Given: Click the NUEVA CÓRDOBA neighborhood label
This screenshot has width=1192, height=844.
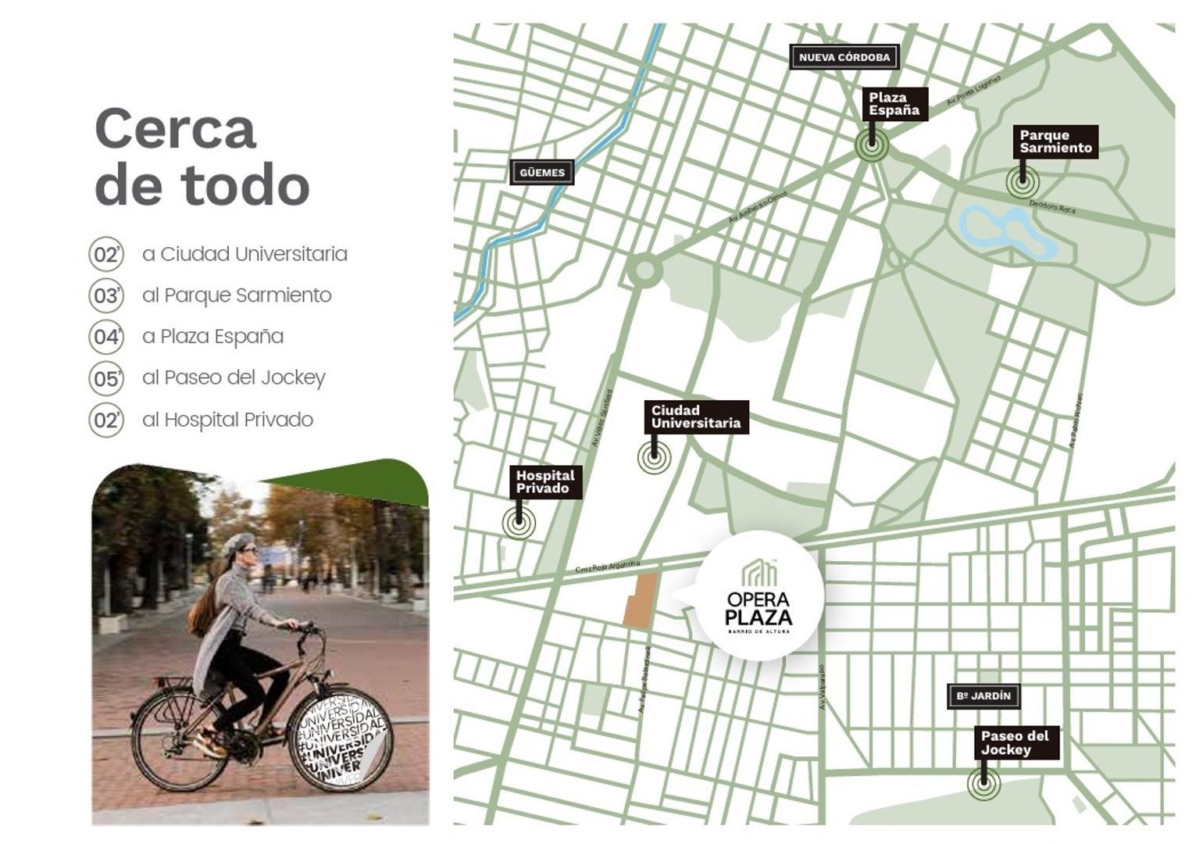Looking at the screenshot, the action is [x=844, y=57].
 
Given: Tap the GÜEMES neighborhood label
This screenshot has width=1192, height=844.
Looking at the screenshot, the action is [x=541, y=173].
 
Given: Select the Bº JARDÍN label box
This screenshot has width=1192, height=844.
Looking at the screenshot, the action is [x=983, y=696].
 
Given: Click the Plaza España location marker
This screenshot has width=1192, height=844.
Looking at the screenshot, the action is [x=871, y=145].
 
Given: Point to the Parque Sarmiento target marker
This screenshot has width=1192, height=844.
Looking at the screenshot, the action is [x=1022, y=183].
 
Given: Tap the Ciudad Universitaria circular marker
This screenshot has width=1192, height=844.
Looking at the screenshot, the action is [x=654, y=456].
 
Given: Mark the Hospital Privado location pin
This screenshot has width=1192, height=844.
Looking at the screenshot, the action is [x=519, y=523].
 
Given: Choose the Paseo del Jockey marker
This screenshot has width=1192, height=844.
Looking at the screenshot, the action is [x=983, y=783].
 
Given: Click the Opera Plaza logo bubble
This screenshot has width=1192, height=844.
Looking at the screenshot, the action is [x=758, y=596].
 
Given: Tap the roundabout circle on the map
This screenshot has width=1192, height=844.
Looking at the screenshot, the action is [x=644, y=271].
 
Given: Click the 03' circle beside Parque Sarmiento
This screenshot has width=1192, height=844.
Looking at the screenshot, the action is [x=106, y=295].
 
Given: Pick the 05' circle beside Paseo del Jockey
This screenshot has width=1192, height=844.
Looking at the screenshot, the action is [x=106, y=379].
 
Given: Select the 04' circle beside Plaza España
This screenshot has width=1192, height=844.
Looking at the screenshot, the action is [x=106, y=337].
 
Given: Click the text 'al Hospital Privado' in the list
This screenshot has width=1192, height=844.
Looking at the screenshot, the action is [x=227, y=420].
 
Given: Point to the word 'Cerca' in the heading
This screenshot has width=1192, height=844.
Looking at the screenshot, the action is [x=175, y=129].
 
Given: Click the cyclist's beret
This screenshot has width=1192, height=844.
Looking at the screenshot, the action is [x=239, y=542].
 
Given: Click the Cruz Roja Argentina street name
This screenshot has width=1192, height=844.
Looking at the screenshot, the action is [x=607, y=567].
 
